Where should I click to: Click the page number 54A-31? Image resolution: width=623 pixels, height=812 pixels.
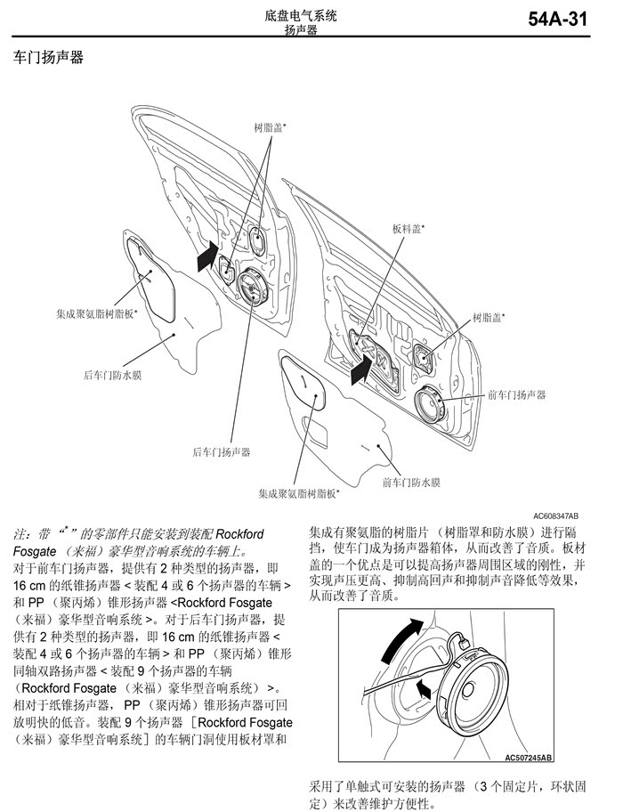[x=558, y=20]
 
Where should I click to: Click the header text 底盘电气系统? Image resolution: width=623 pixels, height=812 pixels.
[x=301, y=15]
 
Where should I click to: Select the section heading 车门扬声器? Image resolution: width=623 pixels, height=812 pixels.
[x=49, y=60]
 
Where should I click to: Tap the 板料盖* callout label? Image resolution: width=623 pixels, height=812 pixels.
[x=409, y=228]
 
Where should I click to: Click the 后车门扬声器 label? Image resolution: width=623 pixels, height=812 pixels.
[x=222, y=452]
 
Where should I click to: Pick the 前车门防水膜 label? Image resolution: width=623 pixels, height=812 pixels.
[x=411, y=483]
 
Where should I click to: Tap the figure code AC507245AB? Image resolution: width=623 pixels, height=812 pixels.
[x=529, y=758]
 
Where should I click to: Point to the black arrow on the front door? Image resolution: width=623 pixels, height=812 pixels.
[x=362, y=367]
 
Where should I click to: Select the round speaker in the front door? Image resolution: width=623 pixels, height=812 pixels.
[x=433, y=408]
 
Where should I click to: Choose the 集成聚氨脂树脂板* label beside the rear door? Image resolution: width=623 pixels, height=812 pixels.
[x=97, y=313]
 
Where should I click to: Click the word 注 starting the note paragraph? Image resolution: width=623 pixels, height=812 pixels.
[x=20, y=535]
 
